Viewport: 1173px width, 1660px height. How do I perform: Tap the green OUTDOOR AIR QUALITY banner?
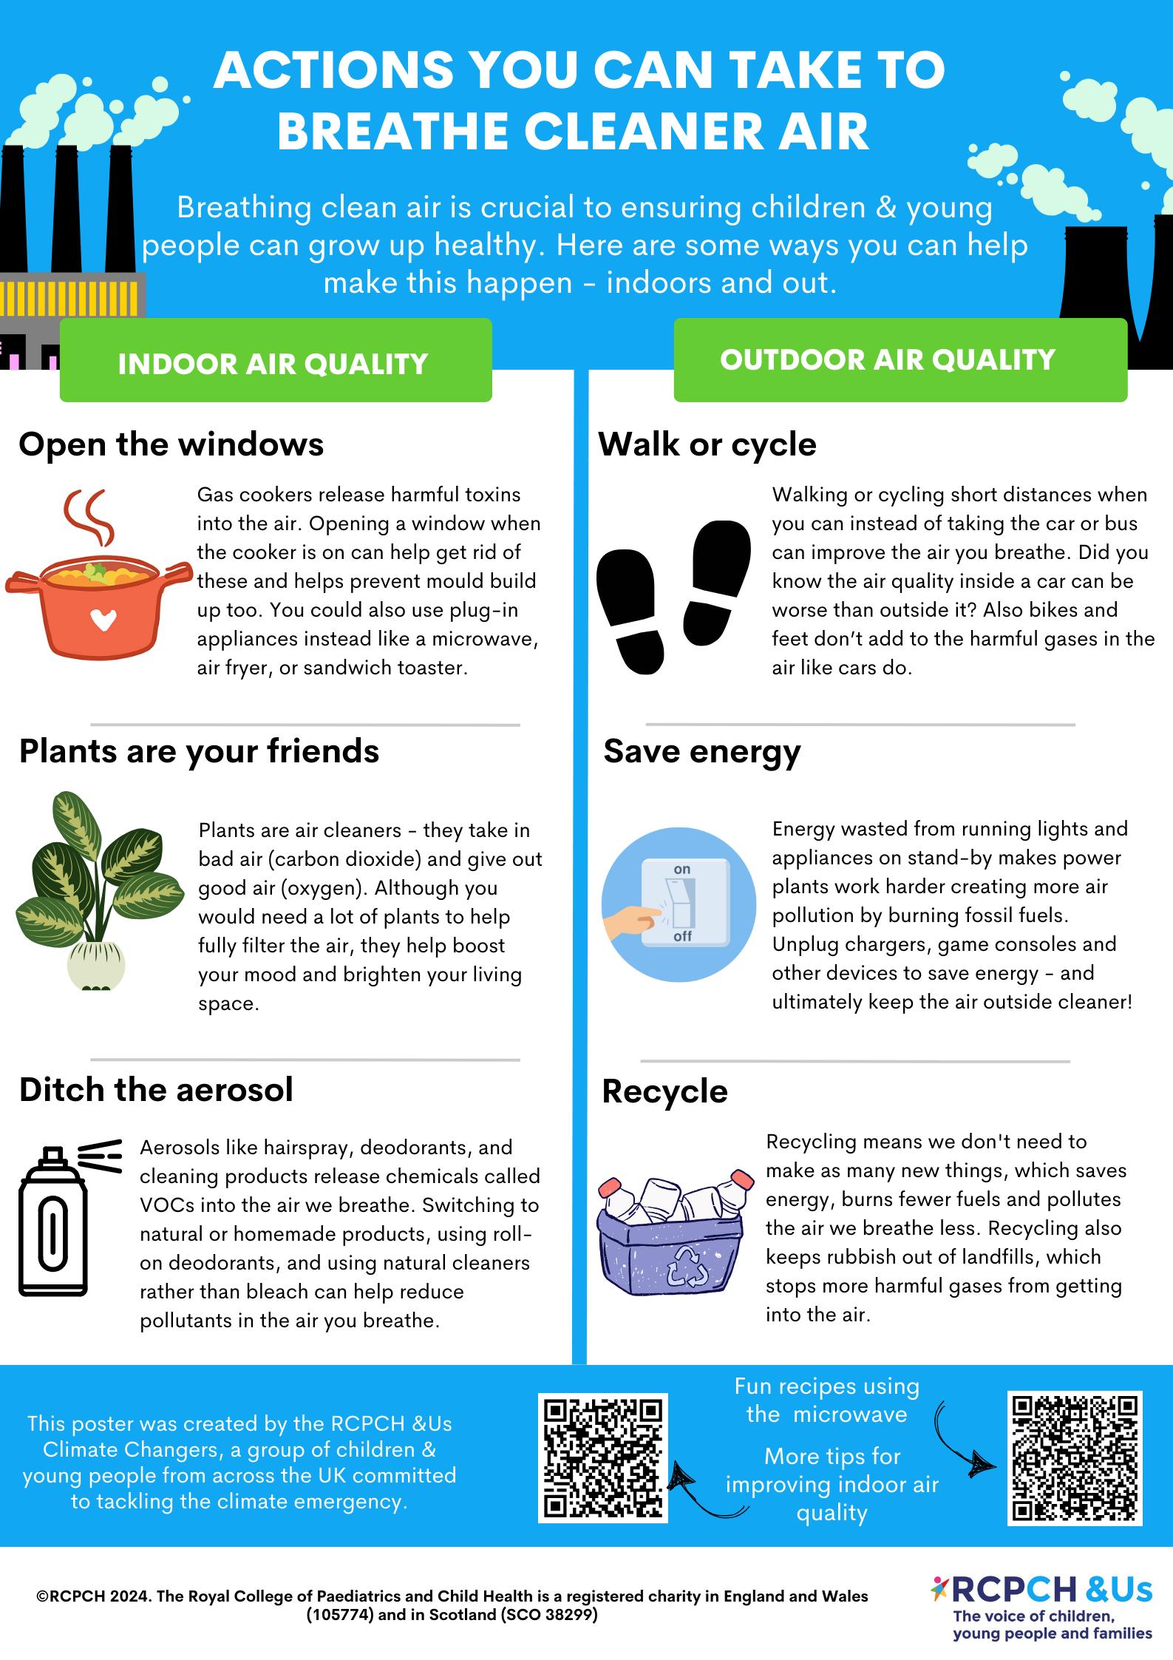point(900,360)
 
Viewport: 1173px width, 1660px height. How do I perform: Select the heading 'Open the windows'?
point(171,444)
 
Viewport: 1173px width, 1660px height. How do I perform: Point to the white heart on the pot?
point(102,620)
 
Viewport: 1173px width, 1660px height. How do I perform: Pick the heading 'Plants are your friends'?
point(199,751)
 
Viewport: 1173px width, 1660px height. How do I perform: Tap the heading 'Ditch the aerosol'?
point(156,1089)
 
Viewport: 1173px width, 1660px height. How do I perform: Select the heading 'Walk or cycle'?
point(707,444)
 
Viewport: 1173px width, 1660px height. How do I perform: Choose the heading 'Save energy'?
point(702,751)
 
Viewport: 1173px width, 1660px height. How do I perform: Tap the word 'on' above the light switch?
point(682,870)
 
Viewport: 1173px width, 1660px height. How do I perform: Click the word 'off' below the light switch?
point(683,937)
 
